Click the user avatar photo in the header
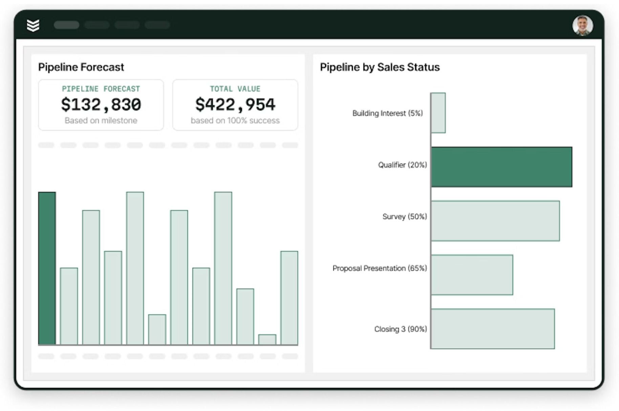click(x=582, y=25)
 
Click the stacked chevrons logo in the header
click(x=33, y=25)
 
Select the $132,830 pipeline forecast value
click(x=101, y=104)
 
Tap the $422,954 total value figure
click(x=235, y=104)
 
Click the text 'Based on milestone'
click(x=101, y=121)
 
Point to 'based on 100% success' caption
click(x=235, y=121)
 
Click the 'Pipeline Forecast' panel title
click(x=81, y=67)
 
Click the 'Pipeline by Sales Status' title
click(x=380, y=67)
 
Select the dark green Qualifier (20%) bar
click(x=501, y=167)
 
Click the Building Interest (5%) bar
click(x=438, y=113)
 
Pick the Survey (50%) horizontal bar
click(x=495, y=221)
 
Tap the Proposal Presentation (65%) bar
click(x=472, y=275)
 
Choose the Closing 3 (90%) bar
click(x=493, y=329)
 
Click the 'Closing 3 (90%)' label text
click(x=400, y=329)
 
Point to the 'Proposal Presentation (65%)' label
click(x=379, y=268)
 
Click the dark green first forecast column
click(x=47, y=268)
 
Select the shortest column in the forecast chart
click(x=267, y=340)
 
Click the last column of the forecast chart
click(x=289, y=298)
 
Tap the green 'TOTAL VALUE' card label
click(x=235, y=89)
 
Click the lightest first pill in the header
click(x=66, y=25)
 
